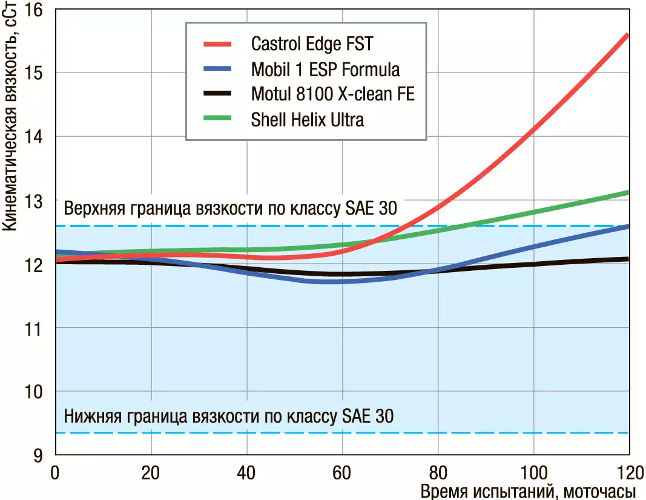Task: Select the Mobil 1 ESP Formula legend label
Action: click(325, 70)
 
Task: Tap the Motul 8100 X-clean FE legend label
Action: click(332, 94)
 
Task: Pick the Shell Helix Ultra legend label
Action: click(308, 120)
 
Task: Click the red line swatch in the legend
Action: click(217, 44)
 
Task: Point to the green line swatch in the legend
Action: click(217, 120)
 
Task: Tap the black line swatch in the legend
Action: click(217, 94)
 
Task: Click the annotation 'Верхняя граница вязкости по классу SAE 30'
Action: click(230, 209)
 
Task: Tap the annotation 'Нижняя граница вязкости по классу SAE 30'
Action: click(228, 417)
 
